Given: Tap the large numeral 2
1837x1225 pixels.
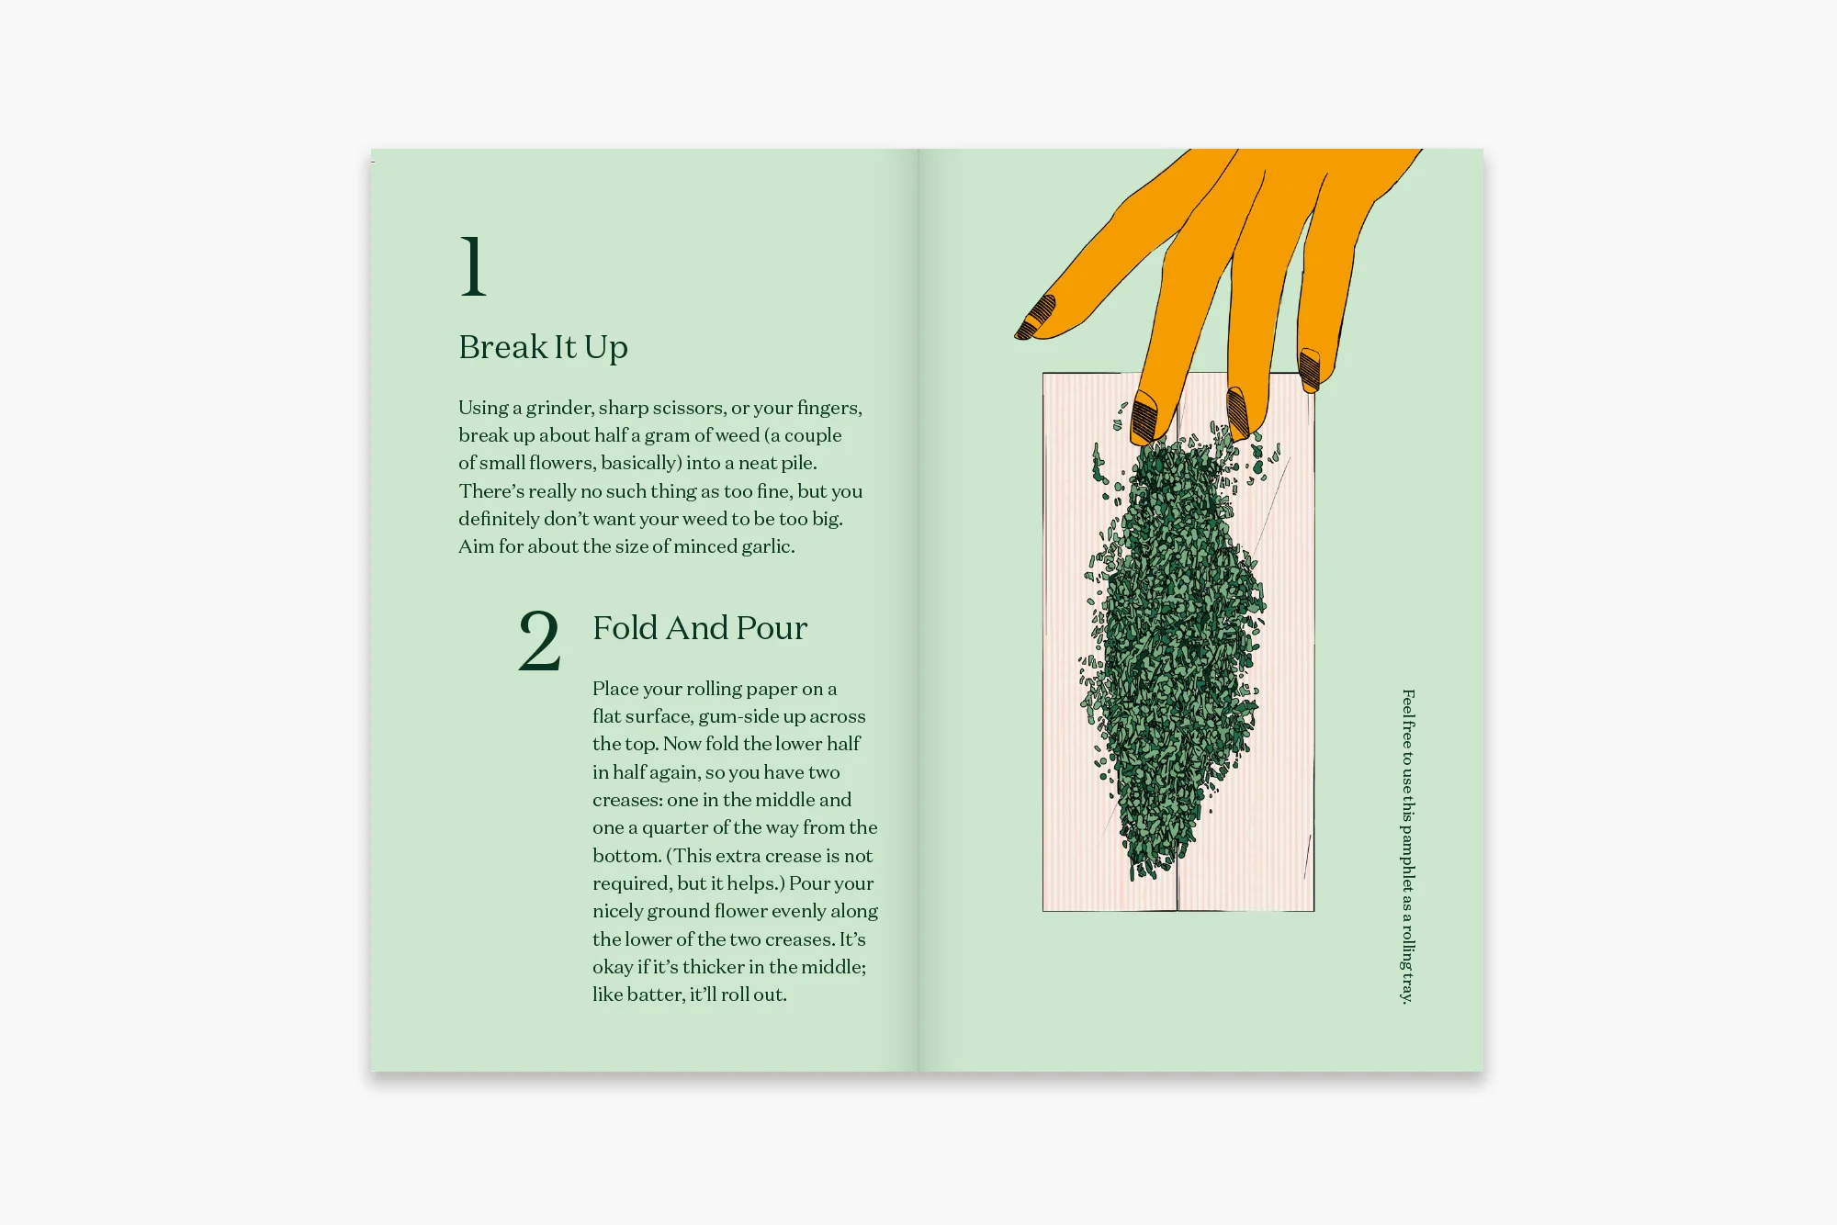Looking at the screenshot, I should pos(539,641).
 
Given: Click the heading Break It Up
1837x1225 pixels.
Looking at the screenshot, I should pos(543,347).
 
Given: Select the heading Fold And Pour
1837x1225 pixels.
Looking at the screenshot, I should pos(699,628).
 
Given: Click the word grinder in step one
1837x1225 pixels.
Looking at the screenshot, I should pos(559,408).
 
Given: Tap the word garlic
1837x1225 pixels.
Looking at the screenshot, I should pos(767,546).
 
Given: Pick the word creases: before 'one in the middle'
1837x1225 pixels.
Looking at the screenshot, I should pos(627,800).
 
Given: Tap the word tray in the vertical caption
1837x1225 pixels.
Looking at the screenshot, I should pos(1408,987).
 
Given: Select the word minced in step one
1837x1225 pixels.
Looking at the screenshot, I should pos(706,546).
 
